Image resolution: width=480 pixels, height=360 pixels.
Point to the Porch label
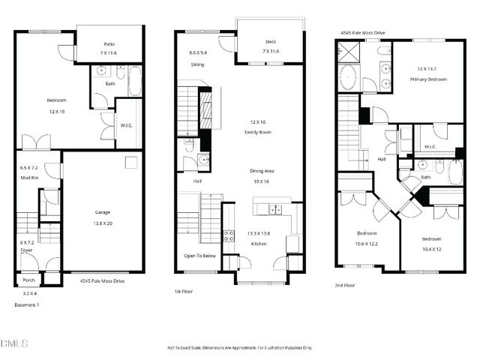pos(28,280)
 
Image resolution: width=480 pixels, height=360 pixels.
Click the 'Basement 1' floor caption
pos(27,305)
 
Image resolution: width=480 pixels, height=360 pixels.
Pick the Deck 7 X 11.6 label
pos(271,46)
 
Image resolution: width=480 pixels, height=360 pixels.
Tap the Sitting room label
pos(197,59)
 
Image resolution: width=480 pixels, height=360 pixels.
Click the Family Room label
pos(258,126)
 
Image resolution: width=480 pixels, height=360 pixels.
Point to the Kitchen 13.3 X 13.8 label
pos(259,238)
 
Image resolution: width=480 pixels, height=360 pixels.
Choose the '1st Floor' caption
pos(184,291)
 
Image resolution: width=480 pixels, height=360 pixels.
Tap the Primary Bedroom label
pos(428,74)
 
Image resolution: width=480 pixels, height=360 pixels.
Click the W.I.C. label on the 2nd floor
pos(430,146)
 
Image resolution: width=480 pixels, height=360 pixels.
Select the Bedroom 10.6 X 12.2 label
pos(367,238)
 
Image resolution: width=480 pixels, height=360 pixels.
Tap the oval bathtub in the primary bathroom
pos(349,77)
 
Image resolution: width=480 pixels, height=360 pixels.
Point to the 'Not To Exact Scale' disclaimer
pos(239,348)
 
